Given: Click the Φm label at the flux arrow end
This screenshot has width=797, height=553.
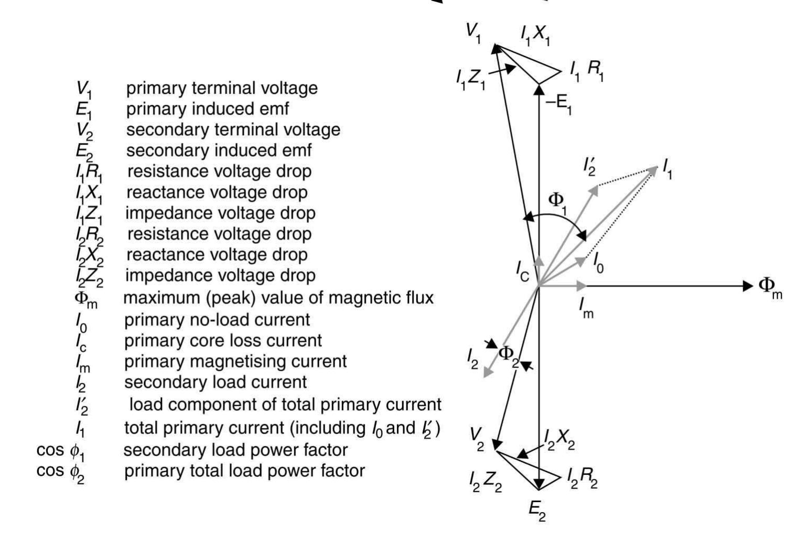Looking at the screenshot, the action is (770, 288).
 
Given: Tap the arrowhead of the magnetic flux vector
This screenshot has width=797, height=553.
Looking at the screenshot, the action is (748, 286).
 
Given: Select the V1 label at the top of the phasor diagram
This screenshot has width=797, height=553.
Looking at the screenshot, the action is (473, 34).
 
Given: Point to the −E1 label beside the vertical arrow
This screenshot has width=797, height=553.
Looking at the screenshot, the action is (558, 105).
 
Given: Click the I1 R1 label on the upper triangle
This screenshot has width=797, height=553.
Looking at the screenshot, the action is (587, 71).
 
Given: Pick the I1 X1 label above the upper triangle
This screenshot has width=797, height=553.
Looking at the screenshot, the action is (535, 36).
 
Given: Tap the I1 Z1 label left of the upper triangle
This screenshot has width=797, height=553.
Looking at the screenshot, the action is (471, 80).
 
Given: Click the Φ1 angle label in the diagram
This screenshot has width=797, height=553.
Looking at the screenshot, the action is (557, 203).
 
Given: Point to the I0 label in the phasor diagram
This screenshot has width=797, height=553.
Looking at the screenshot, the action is (598, 264).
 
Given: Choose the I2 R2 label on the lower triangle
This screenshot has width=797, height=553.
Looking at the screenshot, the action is (583, 479).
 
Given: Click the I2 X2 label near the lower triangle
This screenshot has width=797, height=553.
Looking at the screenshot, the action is (559, 441).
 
